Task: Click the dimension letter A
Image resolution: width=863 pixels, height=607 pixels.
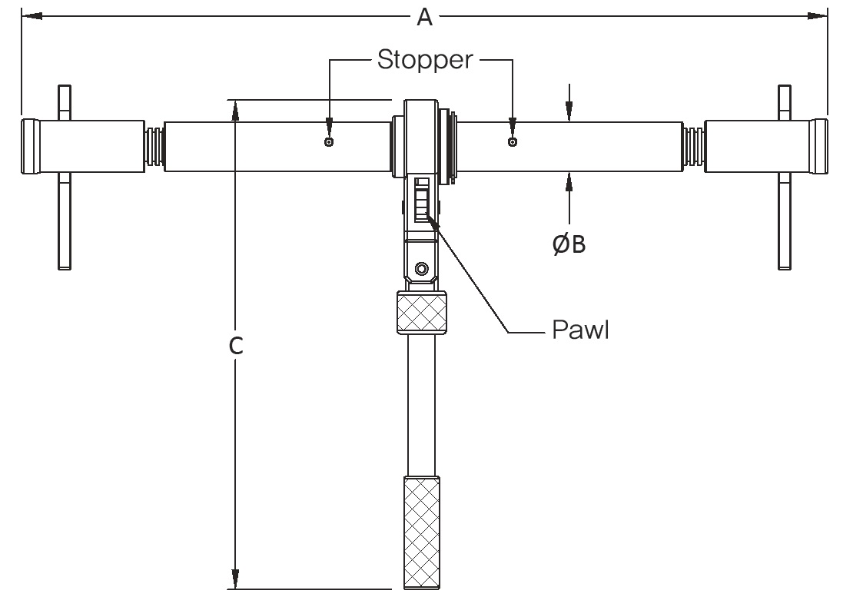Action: click(424, 16)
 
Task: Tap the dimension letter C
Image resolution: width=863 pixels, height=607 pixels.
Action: click(236, 347)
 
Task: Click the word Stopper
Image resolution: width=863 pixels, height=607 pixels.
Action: click(424, 60)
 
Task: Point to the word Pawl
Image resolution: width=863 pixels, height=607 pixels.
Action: click(580, 330)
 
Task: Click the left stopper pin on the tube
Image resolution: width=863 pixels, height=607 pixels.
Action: click(329, 142)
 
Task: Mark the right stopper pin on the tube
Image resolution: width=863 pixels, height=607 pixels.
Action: click(512, 142)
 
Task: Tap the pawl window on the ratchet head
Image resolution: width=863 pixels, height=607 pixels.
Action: click(421, 200)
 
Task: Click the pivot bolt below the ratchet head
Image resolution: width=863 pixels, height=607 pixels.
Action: click(420, 268)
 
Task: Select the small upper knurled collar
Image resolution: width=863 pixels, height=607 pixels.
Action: click(421, 313)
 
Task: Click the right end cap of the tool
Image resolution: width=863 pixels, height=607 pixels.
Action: click(819, 146)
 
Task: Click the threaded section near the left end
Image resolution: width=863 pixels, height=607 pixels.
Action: click(154, 146)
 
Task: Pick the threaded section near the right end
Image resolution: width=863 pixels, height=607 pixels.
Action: click(694, 146)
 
